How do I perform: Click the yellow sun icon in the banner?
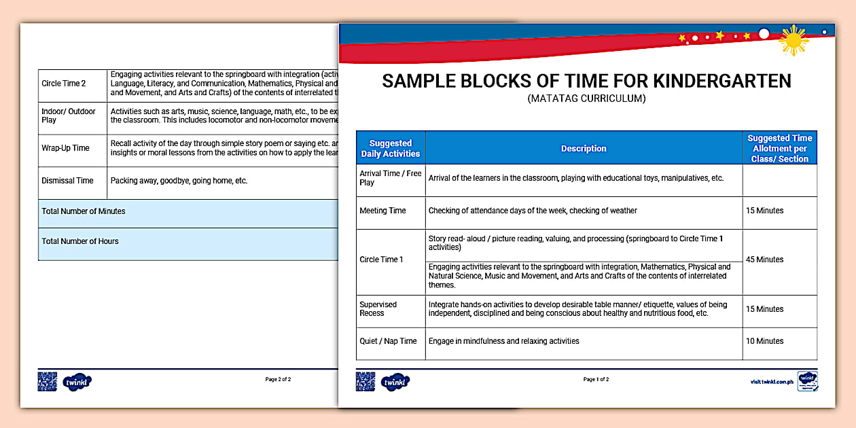[x=793, y=40]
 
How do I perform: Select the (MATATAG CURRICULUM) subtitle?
[x=586, y=99]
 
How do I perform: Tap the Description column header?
[x=584, y=148]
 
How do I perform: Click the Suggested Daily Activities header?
[x=391, y=148]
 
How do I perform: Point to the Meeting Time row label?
[x=382, y=211]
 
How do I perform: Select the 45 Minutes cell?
[x=764, y=260]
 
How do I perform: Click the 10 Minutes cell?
[x=764, y=341]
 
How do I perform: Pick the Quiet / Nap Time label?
[x=388, y=341]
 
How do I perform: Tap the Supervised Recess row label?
[x=378, y=309]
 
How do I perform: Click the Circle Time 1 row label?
[x=381, y=260]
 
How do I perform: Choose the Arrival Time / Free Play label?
[x=390, y=178]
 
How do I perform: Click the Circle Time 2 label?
[x=64, y=84]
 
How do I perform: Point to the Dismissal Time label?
[x=67, y=181]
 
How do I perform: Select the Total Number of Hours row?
[x=80, y=241]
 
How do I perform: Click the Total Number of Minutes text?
[x=84, y=211]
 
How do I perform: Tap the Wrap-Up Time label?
[x=65, y=148]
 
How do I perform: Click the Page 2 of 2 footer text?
[x=278, y=380]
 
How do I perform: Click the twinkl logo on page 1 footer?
[x=395, y=382]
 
